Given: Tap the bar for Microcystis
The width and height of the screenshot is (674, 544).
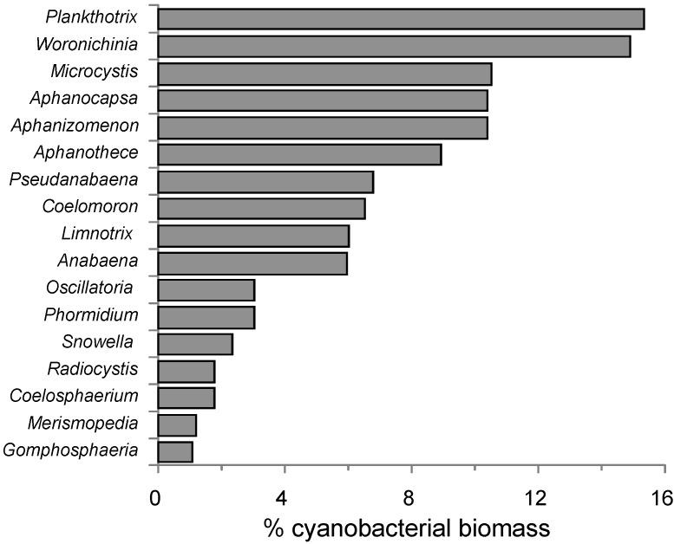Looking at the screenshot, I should click(x=324, y=74).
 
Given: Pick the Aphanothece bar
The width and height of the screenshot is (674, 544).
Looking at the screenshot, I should click(x=299, y=154).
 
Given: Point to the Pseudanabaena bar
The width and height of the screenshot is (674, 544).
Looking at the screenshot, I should click(x=265, y=182).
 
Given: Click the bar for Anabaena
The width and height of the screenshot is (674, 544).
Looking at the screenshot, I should click(x=252, y=263).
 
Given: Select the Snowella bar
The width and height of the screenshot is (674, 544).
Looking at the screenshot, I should click(x=195, y=344).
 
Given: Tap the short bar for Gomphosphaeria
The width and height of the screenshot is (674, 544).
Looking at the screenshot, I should click(x=175, y=451).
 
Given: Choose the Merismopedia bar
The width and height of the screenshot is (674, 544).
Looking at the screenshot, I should click(x=177, y=425).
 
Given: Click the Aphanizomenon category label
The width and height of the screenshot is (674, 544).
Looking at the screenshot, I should click(x=75, y=126).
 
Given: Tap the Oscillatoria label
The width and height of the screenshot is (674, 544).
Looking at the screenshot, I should click(x=89, y=288).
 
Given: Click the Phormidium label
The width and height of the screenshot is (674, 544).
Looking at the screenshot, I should click(x=90, y=314).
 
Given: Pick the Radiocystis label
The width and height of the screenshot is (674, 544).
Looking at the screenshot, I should click(x=93, y=369).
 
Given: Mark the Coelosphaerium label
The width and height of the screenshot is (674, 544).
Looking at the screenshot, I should click(x=74, y=396).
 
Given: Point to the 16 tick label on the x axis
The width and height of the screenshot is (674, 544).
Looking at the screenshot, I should click(x=663, y=497).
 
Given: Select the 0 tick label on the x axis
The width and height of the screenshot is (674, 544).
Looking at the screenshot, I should click(x=156, y=497).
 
